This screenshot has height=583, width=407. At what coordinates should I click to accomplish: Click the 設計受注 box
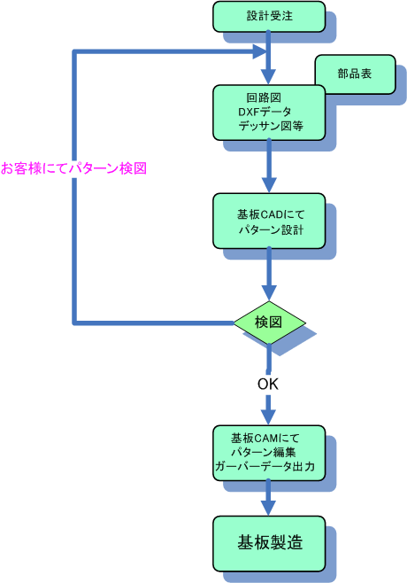pyautogui.click(x=269, y=17)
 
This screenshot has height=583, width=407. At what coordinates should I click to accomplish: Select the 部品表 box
pyautogui.click(x=355, y=74)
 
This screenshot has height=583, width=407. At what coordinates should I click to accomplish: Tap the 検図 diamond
pyautogui.click(x=269, y=323)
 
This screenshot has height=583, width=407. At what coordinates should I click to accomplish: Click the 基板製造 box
pyautogui.click(x=269, y=543)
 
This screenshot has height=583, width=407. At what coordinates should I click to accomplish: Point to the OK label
pyautogui.click(x=268, y=384)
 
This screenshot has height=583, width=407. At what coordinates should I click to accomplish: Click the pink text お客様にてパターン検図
pyautogui.click(x=74, y=168)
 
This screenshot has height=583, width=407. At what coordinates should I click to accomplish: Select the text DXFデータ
pyautogui.click(x=265, y=112)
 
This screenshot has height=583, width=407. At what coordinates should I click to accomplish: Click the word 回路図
pyautogui.click(x=264, y=97)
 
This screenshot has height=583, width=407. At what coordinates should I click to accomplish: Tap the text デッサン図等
pyautogui.click(x=271, y=126)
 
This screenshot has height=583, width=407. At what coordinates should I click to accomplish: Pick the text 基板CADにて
pyautogui.click(x=271, y=214)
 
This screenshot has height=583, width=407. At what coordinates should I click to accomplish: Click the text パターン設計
pyautogui.click(x=271, y=229)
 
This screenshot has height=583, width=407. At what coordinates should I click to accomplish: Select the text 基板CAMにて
pyautogui.click(x=265, y=439)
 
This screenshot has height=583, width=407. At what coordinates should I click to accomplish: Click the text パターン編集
pyautogui.click(x=264, y=452)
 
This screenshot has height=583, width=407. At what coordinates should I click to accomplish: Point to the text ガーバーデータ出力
pyautogui.click(x=265, y=466)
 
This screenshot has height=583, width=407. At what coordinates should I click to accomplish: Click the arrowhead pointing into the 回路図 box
pyautogui.click(x=268, y=76)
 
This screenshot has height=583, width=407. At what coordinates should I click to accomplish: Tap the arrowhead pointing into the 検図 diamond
pyautogui.click(x=269, y=293)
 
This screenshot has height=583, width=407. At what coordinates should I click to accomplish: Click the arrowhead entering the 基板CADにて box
pyautogui.click(x=269, y=185)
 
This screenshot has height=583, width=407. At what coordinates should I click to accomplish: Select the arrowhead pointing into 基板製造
pyautogui.click(x=268, y=508)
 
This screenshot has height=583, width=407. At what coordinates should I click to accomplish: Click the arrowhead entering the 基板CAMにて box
pyautogui.click(x=268, y=417)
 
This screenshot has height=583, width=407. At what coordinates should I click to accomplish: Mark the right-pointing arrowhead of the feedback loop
pyautogui.click(x=260, y=51)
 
